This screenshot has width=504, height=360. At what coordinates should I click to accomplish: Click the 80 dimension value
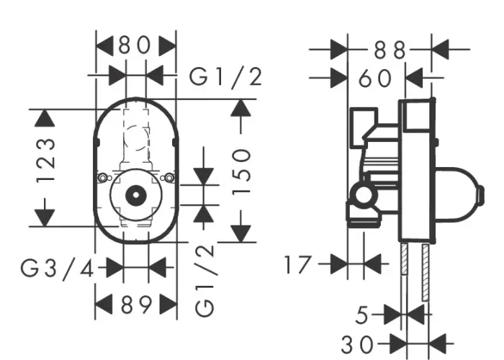(x=135, y=45)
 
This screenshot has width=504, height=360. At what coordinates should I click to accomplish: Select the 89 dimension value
(x=136, y=305)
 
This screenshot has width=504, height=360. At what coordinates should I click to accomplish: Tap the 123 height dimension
(x=45, y=161)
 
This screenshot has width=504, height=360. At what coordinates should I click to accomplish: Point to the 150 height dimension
(x=240, y=171)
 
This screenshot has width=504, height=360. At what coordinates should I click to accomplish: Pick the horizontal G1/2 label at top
(x=225, y=78)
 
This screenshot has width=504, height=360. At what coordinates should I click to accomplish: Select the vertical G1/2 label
(x=204, y=279)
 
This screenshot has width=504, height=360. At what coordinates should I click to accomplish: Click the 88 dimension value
(x=390, y=50)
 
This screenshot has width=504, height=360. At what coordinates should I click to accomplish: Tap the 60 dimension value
(x=375, y=78)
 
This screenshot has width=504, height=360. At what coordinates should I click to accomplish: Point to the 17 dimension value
(x=298, y=264)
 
